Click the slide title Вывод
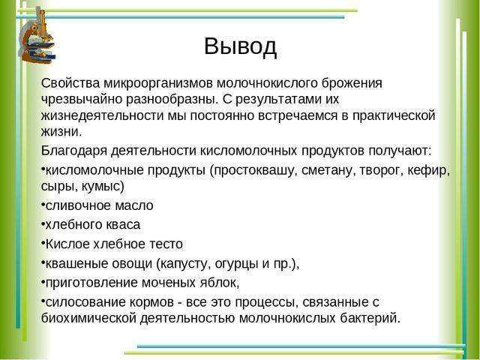[x=240, y=46]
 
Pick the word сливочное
[x=76, y=205]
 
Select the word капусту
[x=184, y=263]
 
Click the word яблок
[x=218, y=283]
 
